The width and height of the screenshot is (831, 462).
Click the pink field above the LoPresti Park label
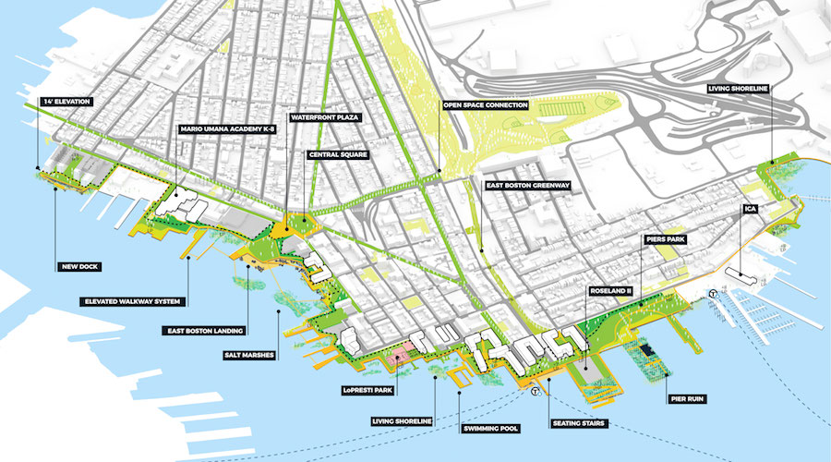coord(404,354)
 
